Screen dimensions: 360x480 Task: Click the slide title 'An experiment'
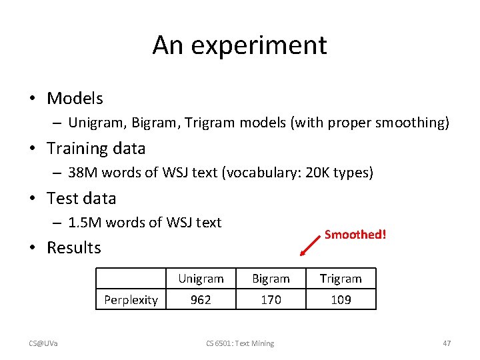point(239,45)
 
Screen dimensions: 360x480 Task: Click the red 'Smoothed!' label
point(355,235)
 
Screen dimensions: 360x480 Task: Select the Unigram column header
point(201,279)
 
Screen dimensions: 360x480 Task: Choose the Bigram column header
point(271,279)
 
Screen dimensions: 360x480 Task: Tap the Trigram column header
point(341,279)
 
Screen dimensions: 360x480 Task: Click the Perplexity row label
point(131,300)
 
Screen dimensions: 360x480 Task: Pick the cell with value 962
point(201,300)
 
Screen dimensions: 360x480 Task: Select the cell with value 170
point(271,300)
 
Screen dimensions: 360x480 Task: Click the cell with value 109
point(341,300)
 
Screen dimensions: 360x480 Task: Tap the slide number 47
point(447,343)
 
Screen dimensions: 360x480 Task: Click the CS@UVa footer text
point(43,343)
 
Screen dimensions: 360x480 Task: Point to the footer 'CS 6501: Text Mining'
point(239,343)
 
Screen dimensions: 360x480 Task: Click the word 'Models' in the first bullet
point(75,99)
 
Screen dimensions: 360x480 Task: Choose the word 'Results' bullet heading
point(74,248)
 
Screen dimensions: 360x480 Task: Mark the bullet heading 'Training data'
point(96,149)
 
